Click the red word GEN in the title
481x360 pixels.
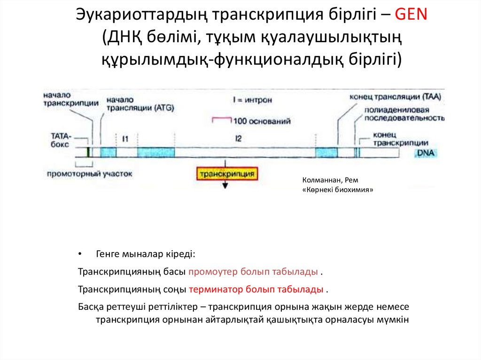point(411,15)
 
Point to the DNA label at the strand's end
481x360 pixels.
point(425,153)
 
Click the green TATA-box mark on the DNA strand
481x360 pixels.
point(88,152)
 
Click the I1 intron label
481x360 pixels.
point(125,138)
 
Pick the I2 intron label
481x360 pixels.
point(239,138)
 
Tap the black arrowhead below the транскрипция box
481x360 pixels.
point(225,185)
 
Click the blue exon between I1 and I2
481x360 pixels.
point(156,152)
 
